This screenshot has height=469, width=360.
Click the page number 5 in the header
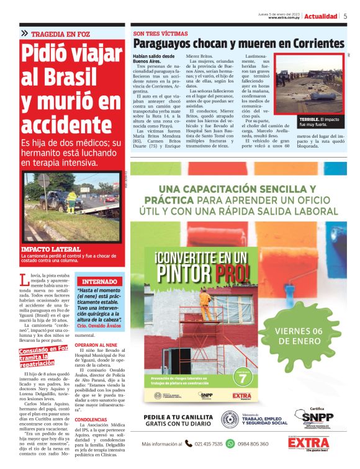pos(345,16)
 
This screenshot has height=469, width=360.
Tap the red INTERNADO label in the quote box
pos(99,281)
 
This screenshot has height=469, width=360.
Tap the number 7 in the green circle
pos(243,377)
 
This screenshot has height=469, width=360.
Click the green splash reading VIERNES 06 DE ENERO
pos(299,336)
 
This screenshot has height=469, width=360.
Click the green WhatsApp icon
pos(230,444)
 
